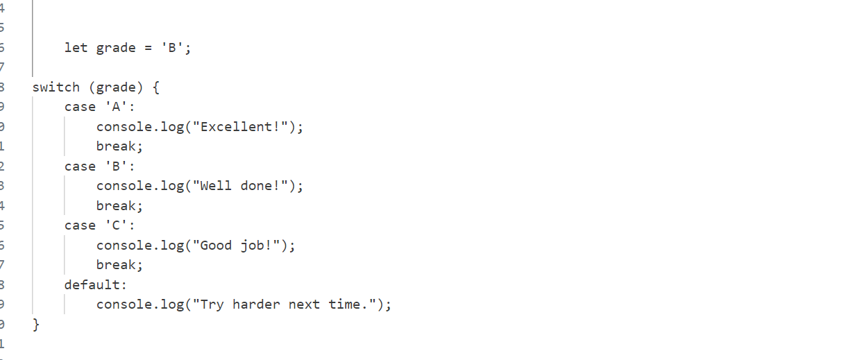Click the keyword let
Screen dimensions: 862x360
76,48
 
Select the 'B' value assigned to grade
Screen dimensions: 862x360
172,48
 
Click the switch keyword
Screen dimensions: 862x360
56,87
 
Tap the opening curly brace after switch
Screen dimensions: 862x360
156,87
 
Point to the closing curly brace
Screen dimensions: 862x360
36,325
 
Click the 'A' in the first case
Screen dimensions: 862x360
116,107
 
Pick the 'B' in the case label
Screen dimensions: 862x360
116,166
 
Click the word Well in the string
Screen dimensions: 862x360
216,186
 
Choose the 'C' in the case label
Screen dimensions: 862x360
116,225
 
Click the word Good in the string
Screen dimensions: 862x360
216,246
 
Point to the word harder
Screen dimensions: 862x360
256,305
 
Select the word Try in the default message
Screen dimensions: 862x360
212,305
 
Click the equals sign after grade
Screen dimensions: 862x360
148,48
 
